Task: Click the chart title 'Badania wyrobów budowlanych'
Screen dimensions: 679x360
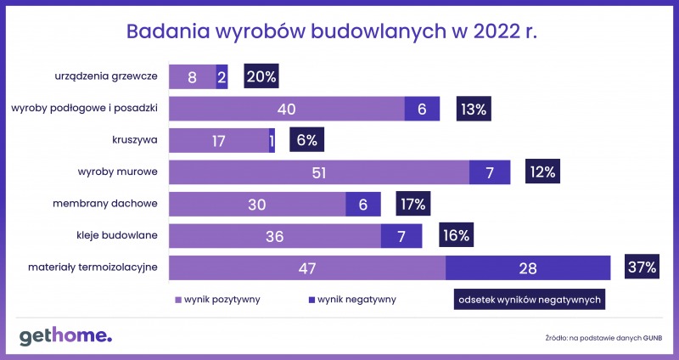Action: click(x=286, y=32)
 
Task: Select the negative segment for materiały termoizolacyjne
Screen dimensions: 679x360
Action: click(x=528, y=267)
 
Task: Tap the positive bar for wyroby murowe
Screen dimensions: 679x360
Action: click(x=319, y=172)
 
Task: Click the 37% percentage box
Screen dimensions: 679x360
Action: click(x=642, y=267)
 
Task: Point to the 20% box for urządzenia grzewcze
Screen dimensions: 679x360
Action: click(x=261, y=76)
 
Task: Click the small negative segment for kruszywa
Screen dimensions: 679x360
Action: click(x=272, y=140)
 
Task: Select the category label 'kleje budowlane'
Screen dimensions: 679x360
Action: click(x=117, y=236)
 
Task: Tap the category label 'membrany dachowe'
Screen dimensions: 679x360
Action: click(x=105, y=204)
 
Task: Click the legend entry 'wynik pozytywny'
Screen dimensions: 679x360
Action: click(x=217, y=300)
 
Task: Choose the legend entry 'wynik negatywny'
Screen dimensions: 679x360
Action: click(x=352, y=300)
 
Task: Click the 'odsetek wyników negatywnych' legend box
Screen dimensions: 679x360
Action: click(x=530, y=300)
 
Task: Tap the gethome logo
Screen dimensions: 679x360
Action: click(x=66, y=336)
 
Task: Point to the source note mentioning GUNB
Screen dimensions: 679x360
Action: click(x=604, y=338)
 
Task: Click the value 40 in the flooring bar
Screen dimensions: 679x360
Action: click(x=286, y=110)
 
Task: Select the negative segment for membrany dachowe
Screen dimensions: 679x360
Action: click(x=363, y=204)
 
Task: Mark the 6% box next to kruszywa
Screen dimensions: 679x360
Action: click(x=307, y=140)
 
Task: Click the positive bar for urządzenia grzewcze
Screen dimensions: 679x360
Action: click(x=193, y=76)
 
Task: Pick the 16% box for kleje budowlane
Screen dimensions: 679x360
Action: click(x=457, y=235)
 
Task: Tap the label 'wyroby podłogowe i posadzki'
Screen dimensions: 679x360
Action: click(x=84, y=109)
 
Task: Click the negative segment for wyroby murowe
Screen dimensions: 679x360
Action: click(x=490, y=172)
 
